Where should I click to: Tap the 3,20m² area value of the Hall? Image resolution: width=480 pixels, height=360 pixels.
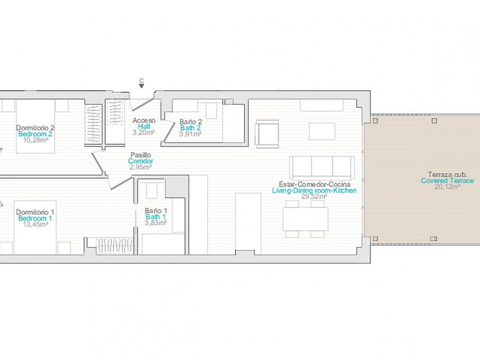click(144, 132)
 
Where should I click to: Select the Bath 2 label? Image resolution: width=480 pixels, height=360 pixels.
click(190, 128)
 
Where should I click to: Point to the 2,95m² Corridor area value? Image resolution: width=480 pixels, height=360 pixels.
click(141, 167)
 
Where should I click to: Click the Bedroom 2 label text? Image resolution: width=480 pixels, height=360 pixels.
click(35, 134)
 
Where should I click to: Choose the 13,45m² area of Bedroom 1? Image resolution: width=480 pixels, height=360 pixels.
click(36, 224)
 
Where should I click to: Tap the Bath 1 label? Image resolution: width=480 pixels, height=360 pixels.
click(156, 217)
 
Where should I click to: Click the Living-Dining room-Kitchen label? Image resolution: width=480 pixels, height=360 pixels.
click(314, 190)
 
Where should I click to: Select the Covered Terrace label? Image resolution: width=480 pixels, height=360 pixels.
click(447, 180)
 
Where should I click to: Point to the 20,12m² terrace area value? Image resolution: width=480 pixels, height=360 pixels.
click(447, 187)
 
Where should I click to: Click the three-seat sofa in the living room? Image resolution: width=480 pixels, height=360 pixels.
click(322, 168)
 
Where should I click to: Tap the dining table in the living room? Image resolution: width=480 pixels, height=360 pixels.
click(306, 219)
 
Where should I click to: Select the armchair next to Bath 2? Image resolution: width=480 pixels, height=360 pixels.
click(267, 134)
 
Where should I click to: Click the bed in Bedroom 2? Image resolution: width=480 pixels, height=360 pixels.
click(35, 126)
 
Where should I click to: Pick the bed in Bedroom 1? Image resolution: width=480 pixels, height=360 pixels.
click(35, 228)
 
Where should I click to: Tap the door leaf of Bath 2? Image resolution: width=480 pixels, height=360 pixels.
click(169, 133)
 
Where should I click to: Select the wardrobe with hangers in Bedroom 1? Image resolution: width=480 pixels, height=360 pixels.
click(115, 246)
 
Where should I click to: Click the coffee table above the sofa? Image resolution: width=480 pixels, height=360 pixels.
click(322, 131)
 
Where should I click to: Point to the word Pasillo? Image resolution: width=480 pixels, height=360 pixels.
click(141, 155)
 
